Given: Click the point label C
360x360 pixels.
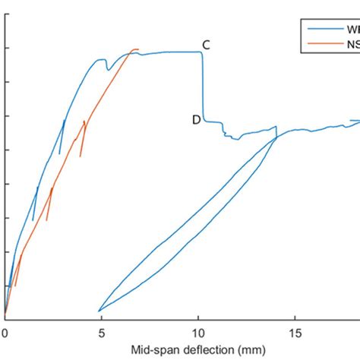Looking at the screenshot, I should pyautogui.click(x=206, y=46).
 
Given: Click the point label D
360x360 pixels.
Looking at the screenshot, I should pyautogui.click(x=196, y=119).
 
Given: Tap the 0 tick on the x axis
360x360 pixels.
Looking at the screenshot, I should pyautogui.click(x=5, y=333).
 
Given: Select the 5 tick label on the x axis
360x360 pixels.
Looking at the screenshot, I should pyautogui.click(x=101, y=333).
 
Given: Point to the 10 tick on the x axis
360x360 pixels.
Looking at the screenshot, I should pyautogui.click(x=197, y=333).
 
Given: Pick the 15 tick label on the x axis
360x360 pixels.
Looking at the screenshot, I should pyautogui.click(x=294, y=333).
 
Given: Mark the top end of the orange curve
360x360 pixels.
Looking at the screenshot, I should pyautogui.click(x=137, y=49).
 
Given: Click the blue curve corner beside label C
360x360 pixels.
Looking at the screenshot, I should pyautogui.click(x=201, y=52).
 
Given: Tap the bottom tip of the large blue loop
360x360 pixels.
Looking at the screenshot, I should pyautogui.click(x=99, y=311).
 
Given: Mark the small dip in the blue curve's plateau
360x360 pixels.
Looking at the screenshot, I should pyautogui.click(x=108, y=70).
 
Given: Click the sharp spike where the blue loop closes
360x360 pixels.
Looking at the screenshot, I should pyautogui.click(x=276, y=127).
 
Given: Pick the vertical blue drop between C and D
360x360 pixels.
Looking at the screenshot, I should pyautogui.click(x=203, y=87).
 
